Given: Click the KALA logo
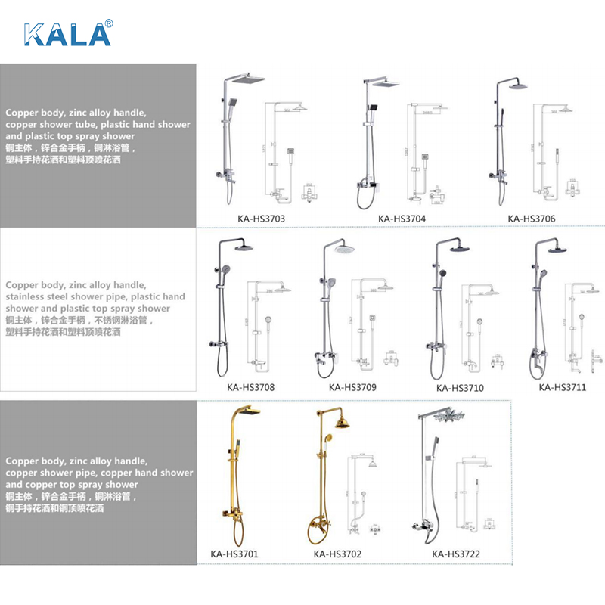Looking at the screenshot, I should click(68, 33).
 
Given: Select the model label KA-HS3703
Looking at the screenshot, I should click(260, 219).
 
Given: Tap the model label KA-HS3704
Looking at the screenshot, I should click(402, 219).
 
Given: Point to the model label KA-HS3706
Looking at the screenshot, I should click(531, 219).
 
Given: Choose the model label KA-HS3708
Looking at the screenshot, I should click(250, 388).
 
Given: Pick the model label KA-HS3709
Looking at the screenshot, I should click(352, 388).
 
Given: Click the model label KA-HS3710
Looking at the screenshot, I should click(460, 389).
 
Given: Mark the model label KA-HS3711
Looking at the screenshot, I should click(563, 388).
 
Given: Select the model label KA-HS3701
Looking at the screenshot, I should click(234, 554).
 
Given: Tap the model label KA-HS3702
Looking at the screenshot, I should click(337, 554).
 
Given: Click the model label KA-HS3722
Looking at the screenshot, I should click(456, 554).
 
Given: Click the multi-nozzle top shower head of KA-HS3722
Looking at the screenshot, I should click(457, 414).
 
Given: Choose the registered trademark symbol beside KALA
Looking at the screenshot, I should click(108, 23).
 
